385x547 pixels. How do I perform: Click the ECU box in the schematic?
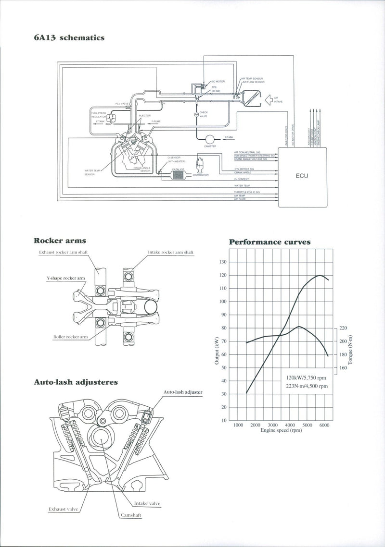[x=302, y=176]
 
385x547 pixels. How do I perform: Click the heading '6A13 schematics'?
[x=69, y=37]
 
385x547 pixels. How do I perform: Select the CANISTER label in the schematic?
[x=210, y=146]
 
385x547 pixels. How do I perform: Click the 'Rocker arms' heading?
[x=60, y=241]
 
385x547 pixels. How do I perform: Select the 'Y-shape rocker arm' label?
[x=65, y=278]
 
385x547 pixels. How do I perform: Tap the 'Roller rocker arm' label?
[x=70, y=337]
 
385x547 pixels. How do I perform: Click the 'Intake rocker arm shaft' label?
[x=171, y=252]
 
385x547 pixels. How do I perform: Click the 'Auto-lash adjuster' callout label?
[x=183, y=392]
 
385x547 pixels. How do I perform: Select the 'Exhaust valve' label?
[x=64, y=508]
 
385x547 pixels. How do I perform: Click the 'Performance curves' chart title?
[x=269, y=242]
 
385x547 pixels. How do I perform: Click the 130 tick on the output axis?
[x=222, y=262]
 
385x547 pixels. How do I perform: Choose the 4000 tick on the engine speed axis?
[x=290, y=425]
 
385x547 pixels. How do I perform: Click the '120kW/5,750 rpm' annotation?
[x=307, y=377]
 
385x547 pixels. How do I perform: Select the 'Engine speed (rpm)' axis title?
[x=281, y=430]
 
